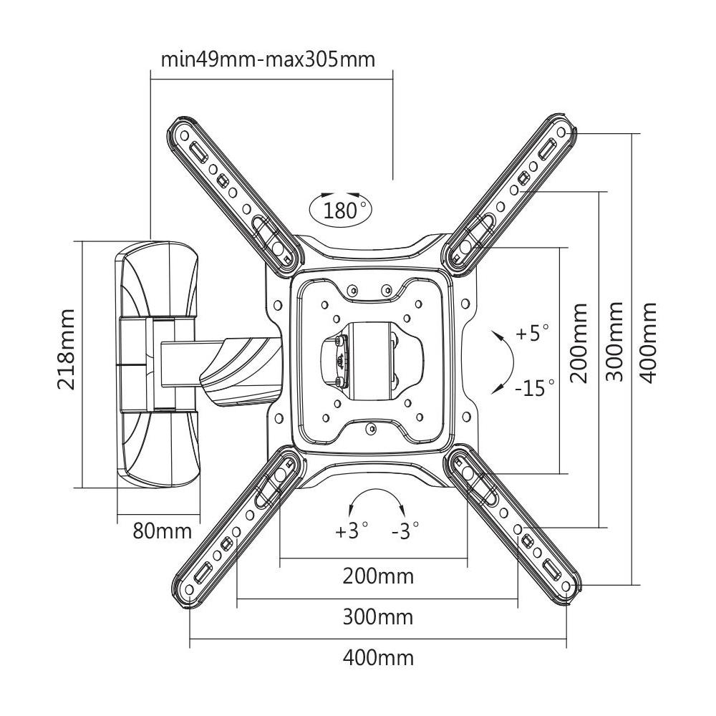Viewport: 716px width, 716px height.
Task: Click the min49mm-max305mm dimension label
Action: [268, 58]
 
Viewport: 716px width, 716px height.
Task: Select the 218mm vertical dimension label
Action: [67, 349]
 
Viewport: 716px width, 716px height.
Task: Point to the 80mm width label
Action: [163, 531]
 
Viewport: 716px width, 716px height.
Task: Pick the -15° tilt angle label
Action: [534, 389]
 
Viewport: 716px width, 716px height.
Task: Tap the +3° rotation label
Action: [352, 531]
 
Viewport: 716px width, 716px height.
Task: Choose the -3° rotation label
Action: [405, 531]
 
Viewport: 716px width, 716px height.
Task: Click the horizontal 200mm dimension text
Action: [378, 576]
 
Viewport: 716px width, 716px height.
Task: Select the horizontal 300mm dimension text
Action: [378, 616]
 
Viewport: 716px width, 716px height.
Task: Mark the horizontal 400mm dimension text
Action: [378, 657]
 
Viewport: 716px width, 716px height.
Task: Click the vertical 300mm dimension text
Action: [614, 342]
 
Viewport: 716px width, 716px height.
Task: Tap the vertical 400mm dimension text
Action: [648, 342]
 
